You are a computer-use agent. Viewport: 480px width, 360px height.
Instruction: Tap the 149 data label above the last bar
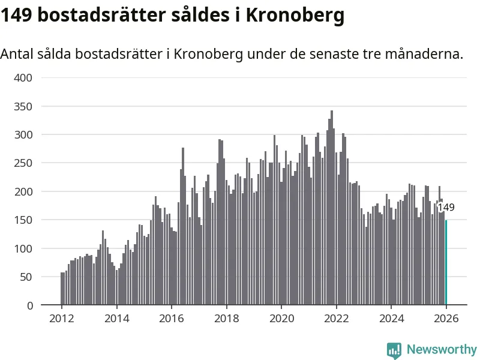[446, 208]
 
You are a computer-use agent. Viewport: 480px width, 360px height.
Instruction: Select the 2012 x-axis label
[61, 318]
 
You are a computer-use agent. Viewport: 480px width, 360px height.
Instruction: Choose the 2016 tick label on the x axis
[171, 318]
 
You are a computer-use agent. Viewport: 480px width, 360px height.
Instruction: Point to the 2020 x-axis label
[281, 318]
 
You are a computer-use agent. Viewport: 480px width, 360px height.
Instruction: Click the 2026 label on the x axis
[446, 318]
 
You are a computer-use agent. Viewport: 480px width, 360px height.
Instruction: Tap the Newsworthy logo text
[442, 349]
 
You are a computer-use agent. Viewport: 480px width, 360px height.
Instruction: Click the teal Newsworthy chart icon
[394, 350]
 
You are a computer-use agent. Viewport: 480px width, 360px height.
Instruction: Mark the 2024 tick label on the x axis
[391, 318]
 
